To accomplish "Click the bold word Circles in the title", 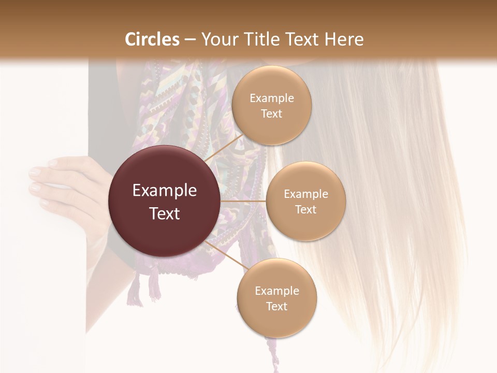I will (x=152, y=39).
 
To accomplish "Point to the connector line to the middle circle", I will (x=243, y=201).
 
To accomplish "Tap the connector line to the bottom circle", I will (x=225, y=255).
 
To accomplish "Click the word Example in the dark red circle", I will (x=165, y=191).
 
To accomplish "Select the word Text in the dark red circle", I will (x=165, y=213).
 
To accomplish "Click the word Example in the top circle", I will (x=271, y=98).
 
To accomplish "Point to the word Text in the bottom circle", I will (x=276, y=306).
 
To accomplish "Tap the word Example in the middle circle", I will (x=305, y=194).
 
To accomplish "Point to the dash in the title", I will (x=190, y=39).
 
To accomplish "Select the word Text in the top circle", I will (x=271, y=113).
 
